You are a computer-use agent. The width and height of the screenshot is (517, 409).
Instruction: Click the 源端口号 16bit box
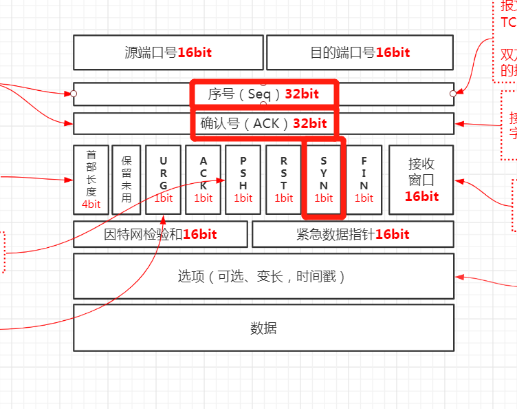point(168,52)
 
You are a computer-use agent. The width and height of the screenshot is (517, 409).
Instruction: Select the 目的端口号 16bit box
point(360,52)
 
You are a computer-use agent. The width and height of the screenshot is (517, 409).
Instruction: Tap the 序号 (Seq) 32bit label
point(264,94)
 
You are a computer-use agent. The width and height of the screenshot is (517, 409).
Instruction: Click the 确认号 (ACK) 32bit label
point(264,123)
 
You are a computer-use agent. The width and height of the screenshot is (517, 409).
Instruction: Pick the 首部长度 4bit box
point(91,180)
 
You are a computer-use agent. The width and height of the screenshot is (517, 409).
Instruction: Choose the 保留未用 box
point(126,180)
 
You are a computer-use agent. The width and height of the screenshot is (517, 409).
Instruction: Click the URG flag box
point(164,180)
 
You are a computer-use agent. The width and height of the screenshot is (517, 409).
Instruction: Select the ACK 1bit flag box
point(203,180)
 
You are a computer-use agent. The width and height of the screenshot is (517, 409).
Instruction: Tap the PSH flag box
point(243,180)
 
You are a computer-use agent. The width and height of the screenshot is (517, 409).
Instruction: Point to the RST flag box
point(283,180)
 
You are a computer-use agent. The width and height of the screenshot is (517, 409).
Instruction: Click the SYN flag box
point(323,180)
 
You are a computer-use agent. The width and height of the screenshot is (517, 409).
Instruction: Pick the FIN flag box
point(364,180)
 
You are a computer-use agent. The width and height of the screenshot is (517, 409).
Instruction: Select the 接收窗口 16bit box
point(421,180)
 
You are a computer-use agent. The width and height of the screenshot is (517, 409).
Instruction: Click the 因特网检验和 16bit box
point(160,234)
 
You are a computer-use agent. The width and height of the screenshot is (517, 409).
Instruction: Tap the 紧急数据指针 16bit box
point(353,234)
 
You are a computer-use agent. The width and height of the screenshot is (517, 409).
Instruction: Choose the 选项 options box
point(263,276)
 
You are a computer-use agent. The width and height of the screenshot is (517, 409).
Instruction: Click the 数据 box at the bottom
point(263,328)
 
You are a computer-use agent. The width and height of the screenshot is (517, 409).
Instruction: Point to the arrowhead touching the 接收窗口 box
point(459,181)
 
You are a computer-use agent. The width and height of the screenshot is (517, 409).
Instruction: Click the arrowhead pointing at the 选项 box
point(459,277)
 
